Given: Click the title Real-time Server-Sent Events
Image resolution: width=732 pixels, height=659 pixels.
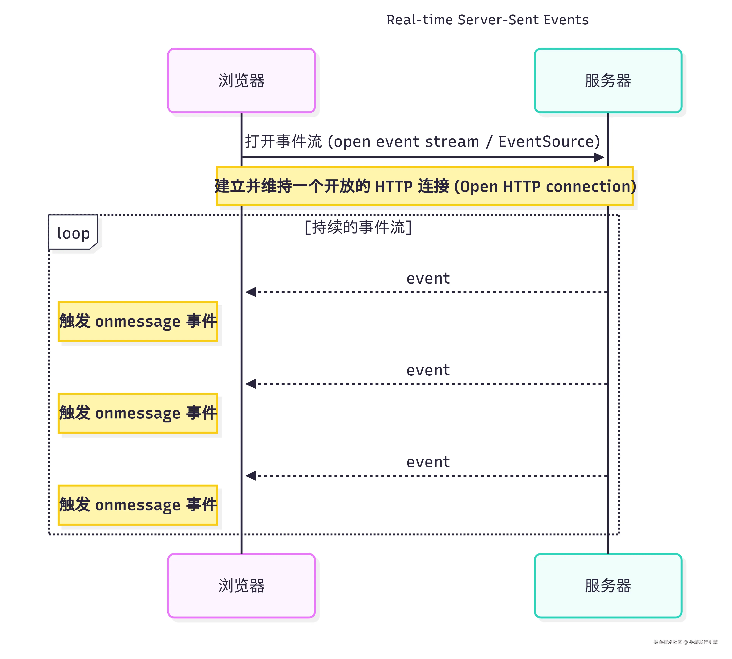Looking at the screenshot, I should (x=487, y=20).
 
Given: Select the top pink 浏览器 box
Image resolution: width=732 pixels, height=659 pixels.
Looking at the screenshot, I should (x=241, y=80).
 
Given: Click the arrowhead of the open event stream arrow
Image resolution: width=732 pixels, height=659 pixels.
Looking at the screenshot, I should (x=599, y=158).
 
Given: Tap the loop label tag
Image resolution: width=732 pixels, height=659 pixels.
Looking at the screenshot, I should (x=73, y=233).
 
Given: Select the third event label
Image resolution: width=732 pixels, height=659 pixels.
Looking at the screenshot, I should (x=428, y=462).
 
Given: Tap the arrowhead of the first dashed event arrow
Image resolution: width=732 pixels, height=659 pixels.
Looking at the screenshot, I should (x=251, y=292).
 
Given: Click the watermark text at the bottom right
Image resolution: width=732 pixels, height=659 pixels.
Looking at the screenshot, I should (x=685, y=642).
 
